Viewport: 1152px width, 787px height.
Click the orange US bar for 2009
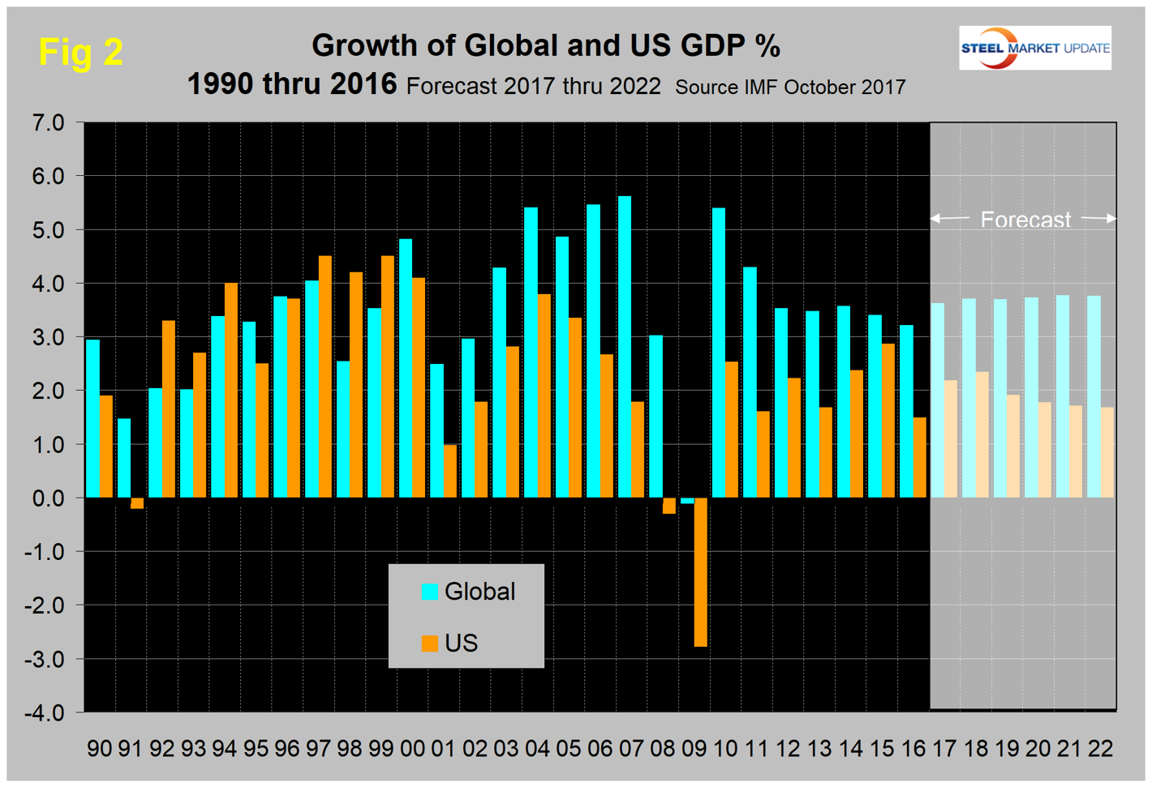pos(700,571)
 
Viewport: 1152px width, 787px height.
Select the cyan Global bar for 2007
pos(625,347)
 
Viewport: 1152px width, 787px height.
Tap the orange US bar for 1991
pos(137,503)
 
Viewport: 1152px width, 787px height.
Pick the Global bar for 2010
pos(719,353)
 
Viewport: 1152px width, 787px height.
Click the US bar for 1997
pos(325,376)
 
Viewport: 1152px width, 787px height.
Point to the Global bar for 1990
pos(92,418)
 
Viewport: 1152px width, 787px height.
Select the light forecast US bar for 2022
pos(1107,452)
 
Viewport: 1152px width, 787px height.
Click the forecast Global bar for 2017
pos(938,400)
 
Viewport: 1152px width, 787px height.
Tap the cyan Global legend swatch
pos(429,592)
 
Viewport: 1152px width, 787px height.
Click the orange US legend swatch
pos(429,644)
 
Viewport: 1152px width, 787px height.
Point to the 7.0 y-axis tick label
pos(48,123)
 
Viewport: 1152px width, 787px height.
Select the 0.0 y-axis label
pos(48,498)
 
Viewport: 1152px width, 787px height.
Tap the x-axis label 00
pos(412,749)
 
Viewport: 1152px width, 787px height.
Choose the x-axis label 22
pos(1100,749)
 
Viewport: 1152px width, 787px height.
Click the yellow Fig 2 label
pos(81,53)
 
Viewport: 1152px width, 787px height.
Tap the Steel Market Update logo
pos(1034,48)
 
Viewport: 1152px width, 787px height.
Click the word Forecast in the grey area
pos(1025,220)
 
